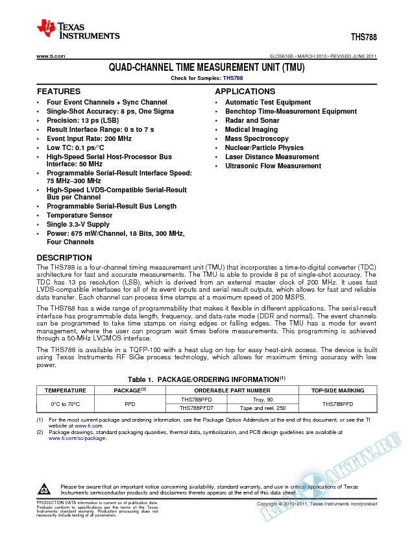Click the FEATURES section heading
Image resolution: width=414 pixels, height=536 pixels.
58,92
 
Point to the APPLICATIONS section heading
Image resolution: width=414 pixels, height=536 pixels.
245,92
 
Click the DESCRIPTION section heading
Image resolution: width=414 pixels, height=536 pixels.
64,257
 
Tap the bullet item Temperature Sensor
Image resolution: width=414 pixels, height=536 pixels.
79,215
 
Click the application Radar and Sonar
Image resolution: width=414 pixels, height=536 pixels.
252,121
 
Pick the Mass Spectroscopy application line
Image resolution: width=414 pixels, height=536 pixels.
256,139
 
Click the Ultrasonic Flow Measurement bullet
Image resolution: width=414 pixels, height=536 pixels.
273,166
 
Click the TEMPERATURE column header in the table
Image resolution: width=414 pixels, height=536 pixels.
65,390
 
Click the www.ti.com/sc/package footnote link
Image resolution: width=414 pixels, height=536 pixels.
77,438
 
